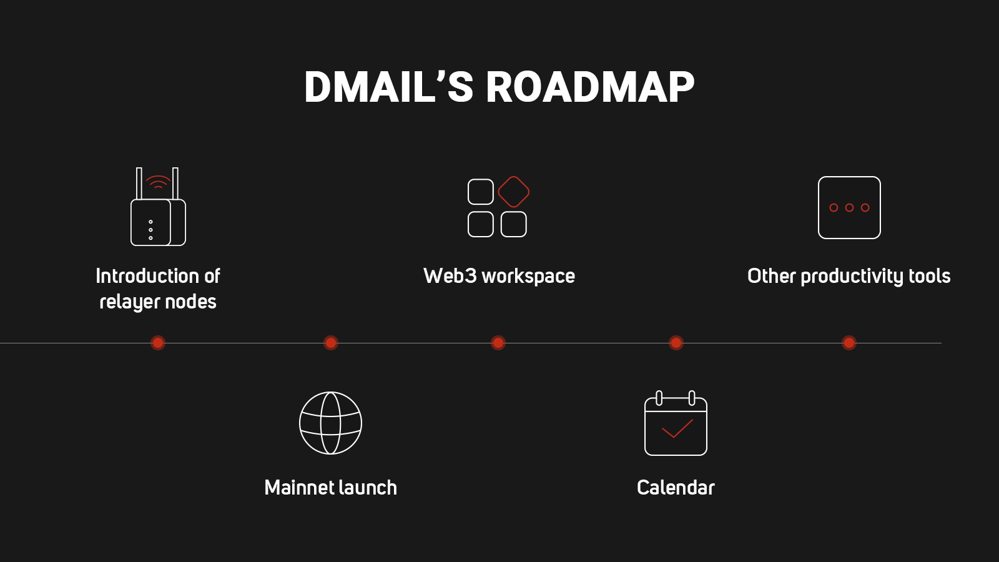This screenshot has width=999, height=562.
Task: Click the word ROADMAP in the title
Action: (589, 87)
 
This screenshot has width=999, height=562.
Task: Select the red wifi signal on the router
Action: (158, 182)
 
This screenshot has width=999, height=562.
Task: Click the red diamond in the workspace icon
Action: (514, 192)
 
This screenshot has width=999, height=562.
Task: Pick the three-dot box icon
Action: (849, 207)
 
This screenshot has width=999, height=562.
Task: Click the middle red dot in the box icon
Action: (849, 207)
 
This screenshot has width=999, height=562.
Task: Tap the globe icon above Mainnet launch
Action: (330, 423)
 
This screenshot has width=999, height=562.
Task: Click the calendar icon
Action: (676, 424)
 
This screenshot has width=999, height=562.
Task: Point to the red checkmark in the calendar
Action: (677, 428)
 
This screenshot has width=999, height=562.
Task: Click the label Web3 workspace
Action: (499, 276)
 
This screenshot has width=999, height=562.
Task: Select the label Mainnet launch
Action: (330, 487)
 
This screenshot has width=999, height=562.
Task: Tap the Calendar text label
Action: (676, 487)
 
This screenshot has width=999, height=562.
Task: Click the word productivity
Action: (852, 276)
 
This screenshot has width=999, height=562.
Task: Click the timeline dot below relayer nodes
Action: (158, 343)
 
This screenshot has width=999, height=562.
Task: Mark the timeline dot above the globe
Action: (330, 343)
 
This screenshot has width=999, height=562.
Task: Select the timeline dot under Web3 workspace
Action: (498, 343)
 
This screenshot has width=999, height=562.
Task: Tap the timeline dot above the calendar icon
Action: (676, 343)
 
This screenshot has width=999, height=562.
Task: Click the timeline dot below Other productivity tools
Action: (849, 343)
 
